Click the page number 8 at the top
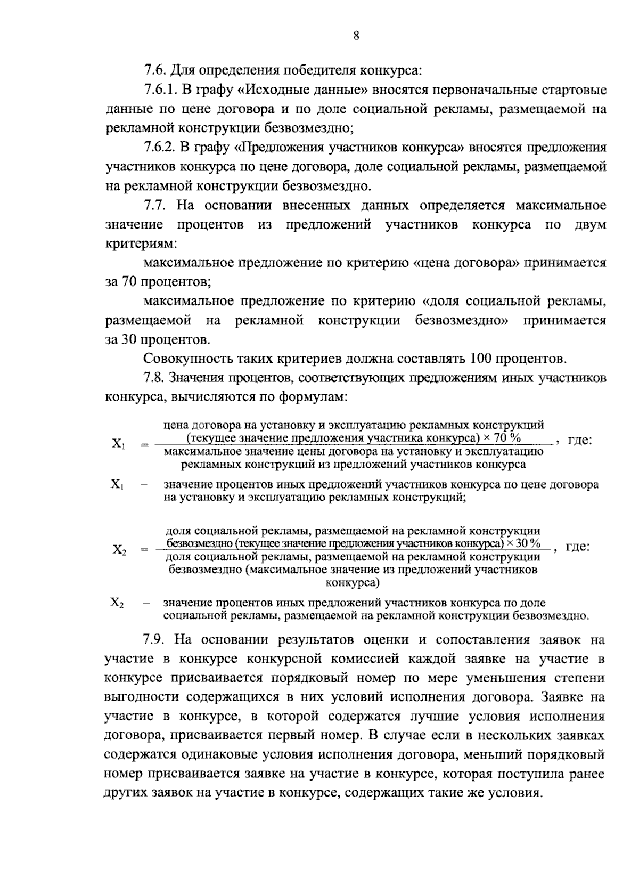click(x=356, y=36)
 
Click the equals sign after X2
click(x=144, y=549)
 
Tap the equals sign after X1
click(x=144, y=444)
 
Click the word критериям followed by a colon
click(x=139, y=243)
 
